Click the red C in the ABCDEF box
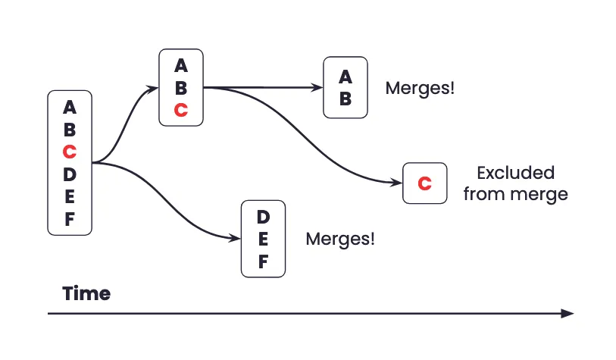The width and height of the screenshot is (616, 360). [x=70, y=152]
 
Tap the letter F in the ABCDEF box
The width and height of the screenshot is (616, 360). [x=70, y=220]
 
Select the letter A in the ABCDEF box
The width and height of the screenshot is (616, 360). [x=70, y=107]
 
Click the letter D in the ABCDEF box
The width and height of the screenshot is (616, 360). [x=70, y=174]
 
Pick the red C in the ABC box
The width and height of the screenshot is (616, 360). [x=180, y=110]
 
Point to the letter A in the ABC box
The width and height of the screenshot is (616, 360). [x=180, y=64]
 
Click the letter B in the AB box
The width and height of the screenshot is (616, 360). [x=346, y=99]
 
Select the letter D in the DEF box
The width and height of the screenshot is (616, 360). [x=263, y=217]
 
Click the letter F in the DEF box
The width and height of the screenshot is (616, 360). [x=263, y=262]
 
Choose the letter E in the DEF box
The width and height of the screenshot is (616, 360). [x=263, y=239]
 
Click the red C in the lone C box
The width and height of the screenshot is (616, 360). [x=424, y=183]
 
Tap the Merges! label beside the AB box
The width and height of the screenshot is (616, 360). [x=420, y=88]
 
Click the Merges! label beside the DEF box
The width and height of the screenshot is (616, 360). [x=340, y=239]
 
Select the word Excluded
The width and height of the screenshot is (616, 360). [x=515, y=173]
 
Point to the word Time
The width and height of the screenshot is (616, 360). [x=86, y=293]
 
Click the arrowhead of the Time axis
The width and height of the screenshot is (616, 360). [x=568, y=313]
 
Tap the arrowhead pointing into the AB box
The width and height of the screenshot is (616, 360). [x=318, y=87]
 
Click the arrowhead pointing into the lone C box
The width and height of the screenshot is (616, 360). [x=397, y=183]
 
